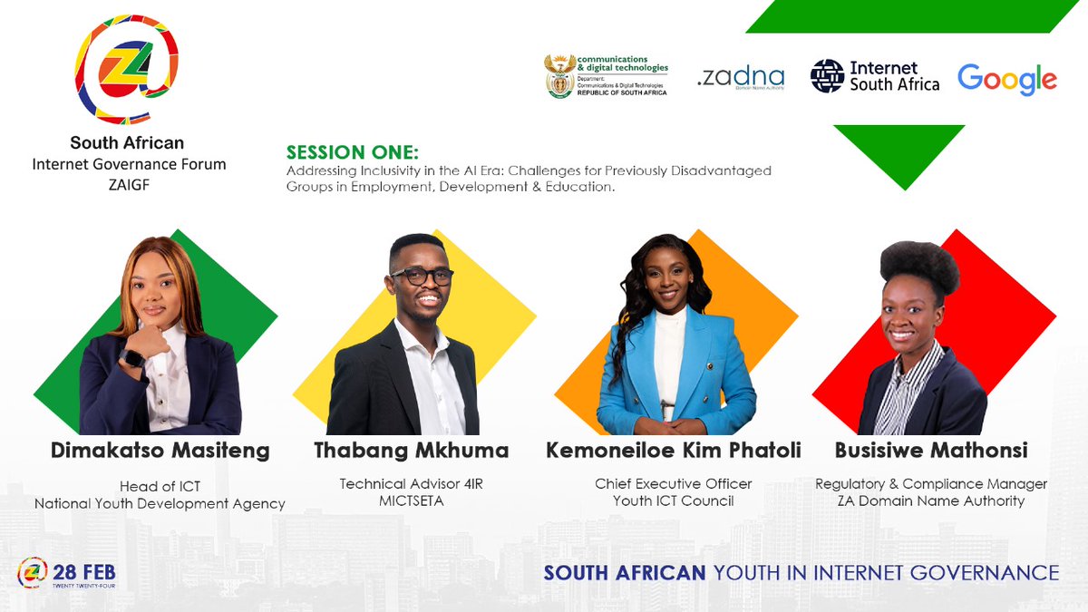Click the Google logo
(x=1006, y=80)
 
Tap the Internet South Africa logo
(x=875, y=76)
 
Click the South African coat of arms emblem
(x=559, y=77)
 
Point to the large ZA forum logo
(x=126, y=69)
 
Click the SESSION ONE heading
(x=353, y=152)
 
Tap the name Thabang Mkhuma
(x=411, y=450)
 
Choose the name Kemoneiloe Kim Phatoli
(x=674, y=450)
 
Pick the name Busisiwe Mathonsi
(x=931, y=450)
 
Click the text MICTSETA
(x=411, y=500)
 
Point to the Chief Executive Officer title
(x=674, y=483)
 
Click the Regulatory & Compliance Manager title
(x=931, y=483)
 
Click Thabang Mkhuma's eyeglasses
(x=422, y=277)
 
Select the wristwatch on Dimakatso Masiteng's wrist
(x=133, y=357)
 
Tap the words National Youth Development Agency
(x=160, y=503)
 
